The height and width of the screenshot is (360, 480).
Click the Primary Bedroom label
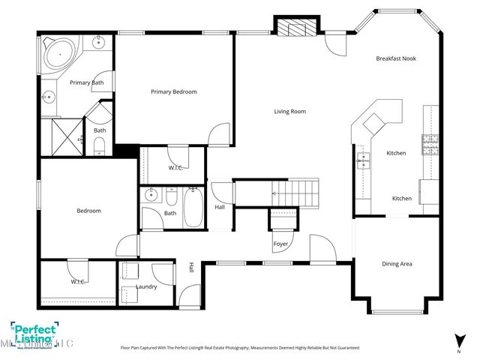(x=173, y=91)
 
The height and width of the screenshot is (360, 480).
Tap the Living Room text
(x=289, y=112)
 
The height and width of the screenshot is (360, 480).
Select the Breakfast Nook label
(x=396, y=58)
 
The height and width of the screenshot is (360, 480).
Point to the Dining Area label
(x=396, y=263)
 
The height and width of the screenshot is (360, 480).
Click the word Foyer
(x=281, y=244)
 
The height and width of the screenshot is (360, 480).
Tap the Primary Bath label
(x=86, y=82)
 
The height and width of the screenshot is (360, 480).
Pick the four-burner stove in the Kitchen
(x=430, y=142)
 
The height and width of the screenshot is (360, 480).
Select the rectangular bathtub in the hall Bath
(x=192, y=208)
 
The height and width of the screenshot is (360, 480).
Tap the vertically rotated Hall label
(x=192, y=267)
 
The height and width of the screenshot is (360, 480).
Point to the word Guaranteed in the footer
(x=345, y=348)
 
